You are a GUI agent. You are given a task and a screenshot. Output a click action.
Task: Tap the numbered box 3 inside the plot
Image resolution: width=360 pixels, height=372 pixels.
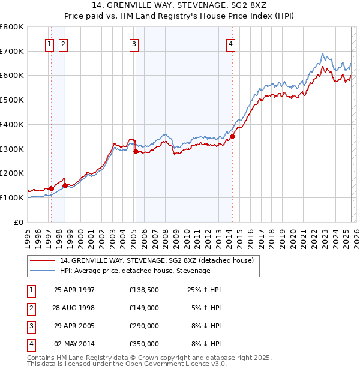pos(134,43)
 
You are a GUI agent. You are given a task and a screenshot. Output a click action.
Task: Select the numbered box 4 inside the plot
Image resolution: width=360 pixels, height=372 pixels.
pos(230,43)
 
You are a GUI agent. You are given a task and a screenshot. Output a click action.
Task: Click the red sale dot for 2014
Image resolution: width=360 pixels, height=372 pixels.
pos(232,136)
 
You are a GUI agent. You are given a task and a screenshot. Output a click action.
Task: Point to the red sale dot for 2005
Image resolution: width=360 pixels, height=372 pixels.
pos(136,151)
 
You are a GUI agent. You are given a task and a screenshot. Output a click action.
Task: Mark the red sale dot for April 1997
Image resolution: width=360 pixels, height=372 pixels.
pos(51,188)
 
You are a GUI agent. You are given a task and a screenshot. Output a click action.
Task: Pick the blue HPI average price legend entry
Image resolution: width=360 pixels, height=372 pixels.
pos(134,271)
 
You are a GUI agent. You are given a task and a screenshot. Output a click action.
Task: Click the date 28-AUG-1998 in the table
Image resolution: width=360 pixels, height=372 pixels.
pos(74,308)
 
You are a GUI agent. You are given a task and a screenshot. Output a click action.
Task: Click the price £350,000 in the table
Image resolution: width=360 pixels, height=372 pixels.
pos(143,344)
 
